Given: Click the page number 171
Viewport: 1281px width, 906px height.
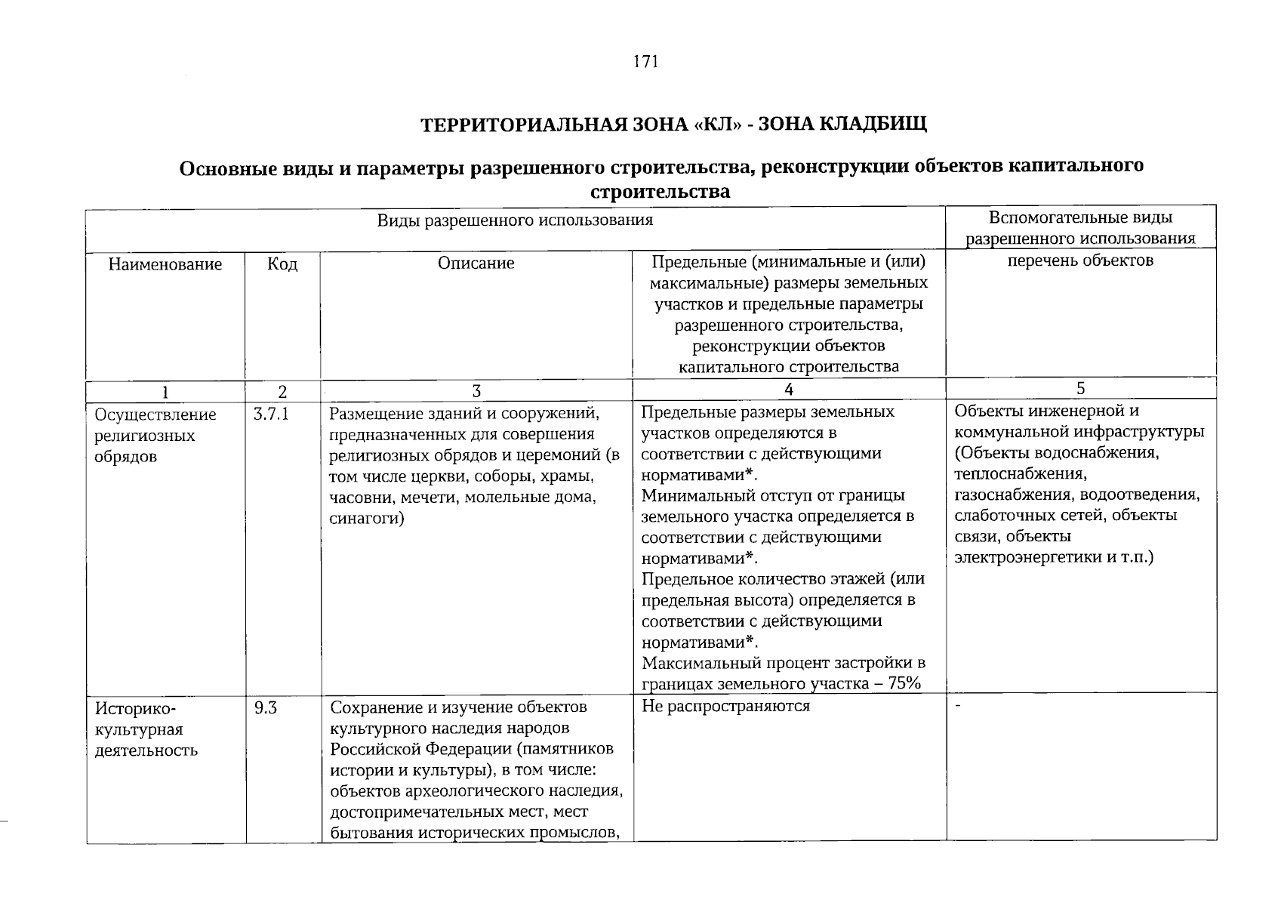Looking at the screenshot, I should tap(647, 62).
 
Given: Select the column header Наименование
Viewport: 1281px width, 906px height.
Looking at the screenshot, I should tap(165, 264).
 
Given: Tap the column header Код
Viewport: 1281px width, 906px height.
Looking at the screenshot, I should tap(282, 264).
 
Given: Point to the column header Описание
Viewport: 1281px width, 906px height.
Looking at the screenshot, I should tap(476, 263).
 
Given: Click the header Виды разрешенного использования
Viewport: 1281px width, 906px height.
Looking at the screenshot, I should tap(515, 220).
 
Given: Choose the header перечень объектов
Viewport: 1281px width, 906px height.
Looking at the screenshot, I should tap(1080, 261).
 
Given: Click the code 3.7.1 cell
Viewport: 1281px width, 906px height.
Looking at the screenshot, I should tap(272, 414).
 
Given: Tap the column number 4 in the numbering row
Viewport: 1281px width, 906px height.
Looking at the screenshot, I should tap(789, 389).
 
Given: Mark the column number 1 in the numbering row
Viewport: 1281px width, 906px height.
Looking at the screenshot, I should tap(165, 392).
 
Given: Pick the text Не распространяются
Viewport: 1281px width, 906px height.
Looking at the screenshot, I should tap(725, 706).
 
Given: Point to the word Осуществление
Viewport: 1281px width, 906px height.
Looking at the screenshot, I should tap(156, 414).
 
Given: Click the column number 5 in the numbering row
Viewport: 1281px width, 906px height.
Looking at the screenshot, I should tap(1080, 388).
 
